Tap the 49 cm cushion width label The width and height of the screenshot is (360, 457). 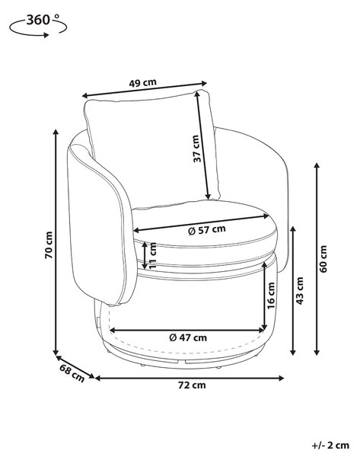[x=143, y=83]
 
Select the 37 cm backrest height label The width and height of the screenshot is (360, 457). [x=197, y=149]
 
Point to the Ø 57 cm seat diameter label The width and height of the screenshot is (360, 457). [x=207, y=230]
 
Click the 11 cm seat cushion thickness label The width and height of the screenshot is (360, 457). [x=152, y=256]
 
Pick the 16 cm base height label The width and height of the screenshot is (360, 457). [x=271, y=296]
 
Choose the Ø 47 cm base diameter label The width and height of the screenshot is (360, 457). [x=188, y=337]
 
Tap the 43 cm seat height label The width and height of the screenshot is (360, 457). [x=300, y=291]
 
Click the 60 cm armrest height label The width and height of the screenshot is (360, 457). [x=323, y=259]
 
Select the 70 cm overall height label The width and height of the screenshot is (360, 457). [x=49, y=245]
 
